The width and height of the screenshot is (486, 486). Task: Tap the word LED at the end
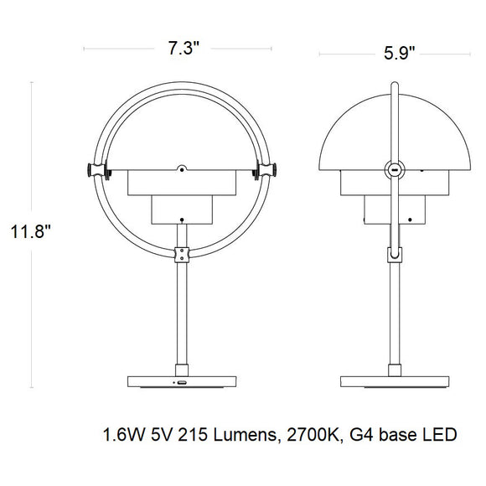tap(441, 436)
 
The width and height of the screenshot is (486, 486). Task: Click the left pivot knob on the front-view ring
tap(92, 171)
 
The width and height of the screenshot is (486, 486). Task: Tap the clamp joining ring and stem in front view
tap(180, 254)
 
